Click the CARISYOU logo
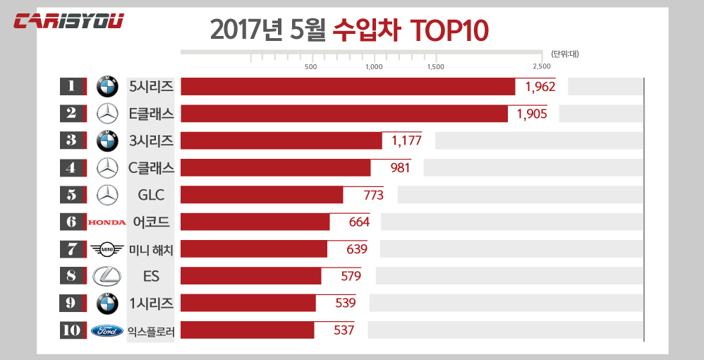pos(68,20)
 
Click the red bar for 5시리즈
pos(348,86)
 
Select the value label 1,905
pos(532,114)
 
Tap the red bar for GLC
pos(262,195)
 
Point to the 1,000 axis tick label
pos(374,67)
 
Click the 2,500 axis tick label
pos(542,67)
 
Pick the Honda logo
pos(107,222)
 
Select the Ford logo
pos(107,330)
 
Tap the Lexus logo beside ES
pos(107,276)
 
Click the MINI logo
pos(107,249)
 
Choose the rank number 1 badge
pos(71,86)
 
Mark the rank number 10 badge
pos(71,330)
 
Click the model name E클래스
pos(151,114)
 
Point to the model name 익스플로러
pos(151,330)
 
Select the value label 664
pos(359,222)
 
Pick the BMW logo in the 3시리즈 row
pos(107,140)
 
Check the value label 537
pos(344,330)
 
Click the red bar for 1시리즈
pos(248,303)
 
